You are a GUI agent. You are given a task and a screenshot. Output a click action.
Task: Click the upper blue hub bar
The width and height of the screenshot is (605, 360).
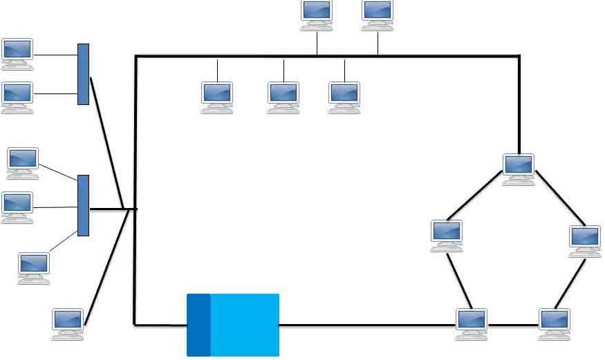pos(83,74)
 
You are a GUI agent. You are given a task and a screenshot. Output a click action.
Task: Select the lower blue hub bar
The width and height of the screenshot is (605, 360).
pos(83,205)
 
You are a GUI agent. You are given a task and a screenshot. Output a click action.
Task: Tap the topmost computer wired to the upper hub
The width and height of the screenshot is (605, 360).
pos(17,53)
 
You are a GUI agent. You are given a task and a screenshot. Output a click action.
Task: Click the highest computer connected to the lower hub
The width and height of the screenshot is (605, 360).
pos(23,161)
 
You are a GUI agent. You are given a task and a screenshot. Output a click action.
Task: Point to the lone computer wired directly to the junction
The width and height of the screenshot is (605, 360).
pos(68,323)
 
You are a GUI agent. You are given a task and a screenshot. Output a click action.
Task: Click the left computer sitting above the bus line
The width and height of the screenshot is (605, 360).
pos(317,15)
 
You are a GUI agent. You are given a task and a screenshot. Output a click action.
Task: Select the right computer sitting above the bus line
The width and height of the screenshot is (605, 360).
pos(378,15)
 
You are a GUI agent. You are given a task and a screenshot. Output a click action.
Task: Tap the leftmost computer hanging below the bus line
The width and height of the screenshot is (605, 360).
pos(217,96)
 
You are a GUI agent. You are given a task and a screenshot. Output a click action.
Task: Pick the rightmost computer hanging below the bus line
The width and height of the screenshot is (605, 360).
pos(344,96)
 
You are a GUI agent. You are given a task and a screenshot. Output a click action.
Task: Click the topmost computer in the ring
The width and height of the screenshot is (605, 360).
pos(519,168)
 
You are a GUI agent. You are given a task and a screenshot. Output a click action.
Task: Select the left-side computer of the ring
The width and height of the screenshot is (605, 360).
pos(446,234)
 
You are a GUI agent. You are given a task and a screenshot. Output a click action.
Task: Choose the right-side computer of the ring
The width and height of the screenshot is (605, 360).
pos(585,240)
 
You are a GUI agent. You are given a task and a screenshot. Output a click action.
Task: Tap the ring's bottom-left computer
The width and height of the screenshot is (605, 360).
pos(472,323)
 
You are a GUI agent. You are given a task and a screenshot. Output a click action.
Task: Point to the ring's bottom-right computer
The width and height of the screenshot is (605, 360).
pos(555,323)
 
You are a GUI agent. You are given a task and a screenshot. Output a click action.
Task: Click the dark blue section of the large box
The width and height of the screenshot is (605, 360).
pos(198,325)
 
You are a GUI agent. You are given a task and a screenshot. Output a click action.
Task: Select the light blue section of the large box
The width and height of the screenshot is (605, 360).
pos(245,325)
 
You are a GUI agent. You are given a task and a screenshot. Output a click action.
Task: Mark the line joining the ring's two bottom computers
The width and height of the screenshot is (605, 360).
pos(513,325)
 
